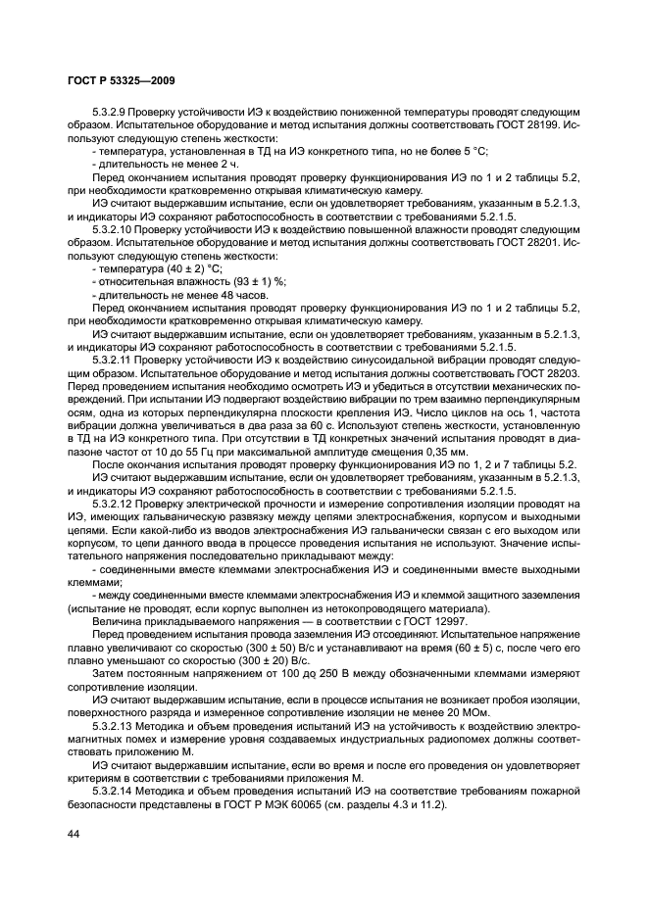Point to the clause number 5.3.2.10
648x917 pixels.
click(x=115, y=223)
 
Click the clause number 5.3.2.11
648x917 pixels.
click(x=115, y=361)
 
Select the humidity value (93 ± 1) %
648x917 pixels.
click(x=249, y=279)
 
